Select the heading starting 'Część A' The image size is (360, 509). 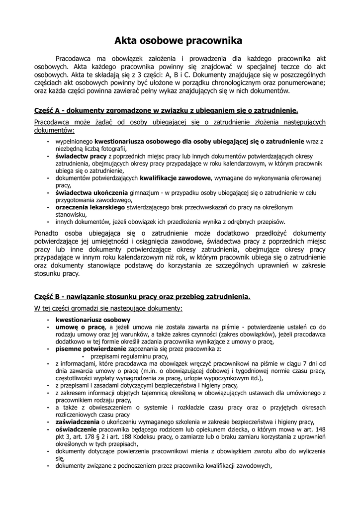click(166, 110)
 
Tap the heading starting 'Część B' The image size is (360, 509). click(142, 297)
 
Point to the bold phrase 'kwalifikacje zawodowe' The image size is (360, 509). click(177, 178)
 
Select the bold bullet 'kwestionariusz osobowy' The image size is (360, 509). click(93, 320)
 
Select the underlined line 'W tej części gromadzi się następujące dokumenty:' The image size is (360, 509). click(108, 309)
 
